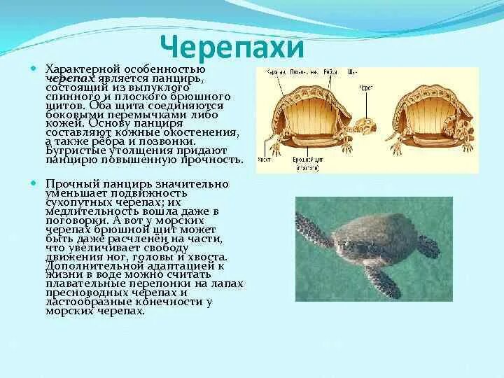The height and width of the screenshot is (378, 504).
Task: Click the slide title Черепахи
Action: pyautogui.click(x=232, y=48)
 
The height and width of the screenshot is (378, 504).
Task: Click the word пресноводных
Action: pyautogui.click(x=82, y=293)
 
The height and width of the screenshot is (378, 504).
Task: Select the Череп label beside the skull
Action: pyautogui.click(x=366, y=89)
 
